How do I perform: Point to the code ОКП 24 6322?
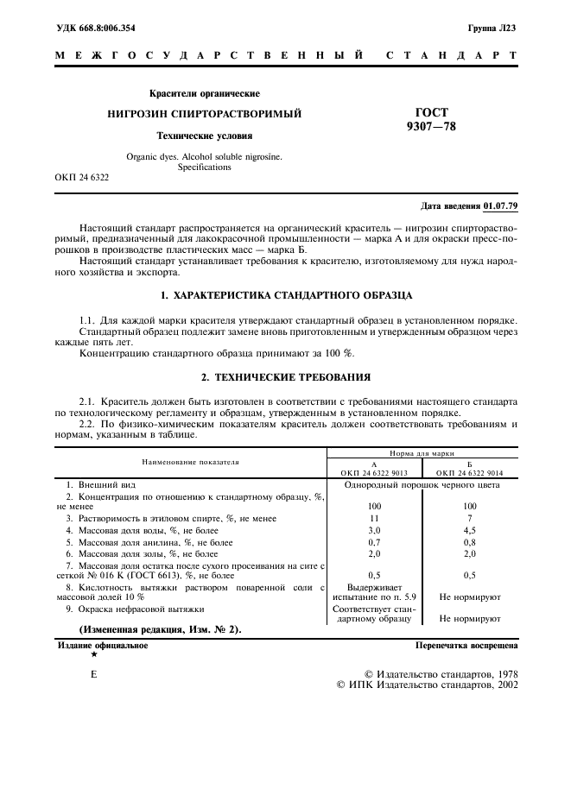[x=82, y=177]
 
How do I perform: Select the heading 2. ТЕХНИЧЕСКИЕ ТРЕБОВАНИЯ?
[x=286, y=376]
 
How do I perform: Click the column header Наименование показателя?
[x=190, y=462]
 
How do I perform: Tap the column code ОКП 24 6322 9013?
[x=374, y=472]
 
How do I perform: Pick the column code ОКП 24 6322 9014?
[x=470, y=472]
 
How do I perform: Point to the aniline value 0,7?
[x=374, y=541]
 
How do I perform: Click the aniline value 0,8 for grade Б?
[x=470, y=541]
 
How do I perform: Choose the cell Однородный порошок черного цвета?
[x=422, y=484]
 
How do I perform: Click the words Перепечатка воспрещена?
[x=466, y=645]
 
